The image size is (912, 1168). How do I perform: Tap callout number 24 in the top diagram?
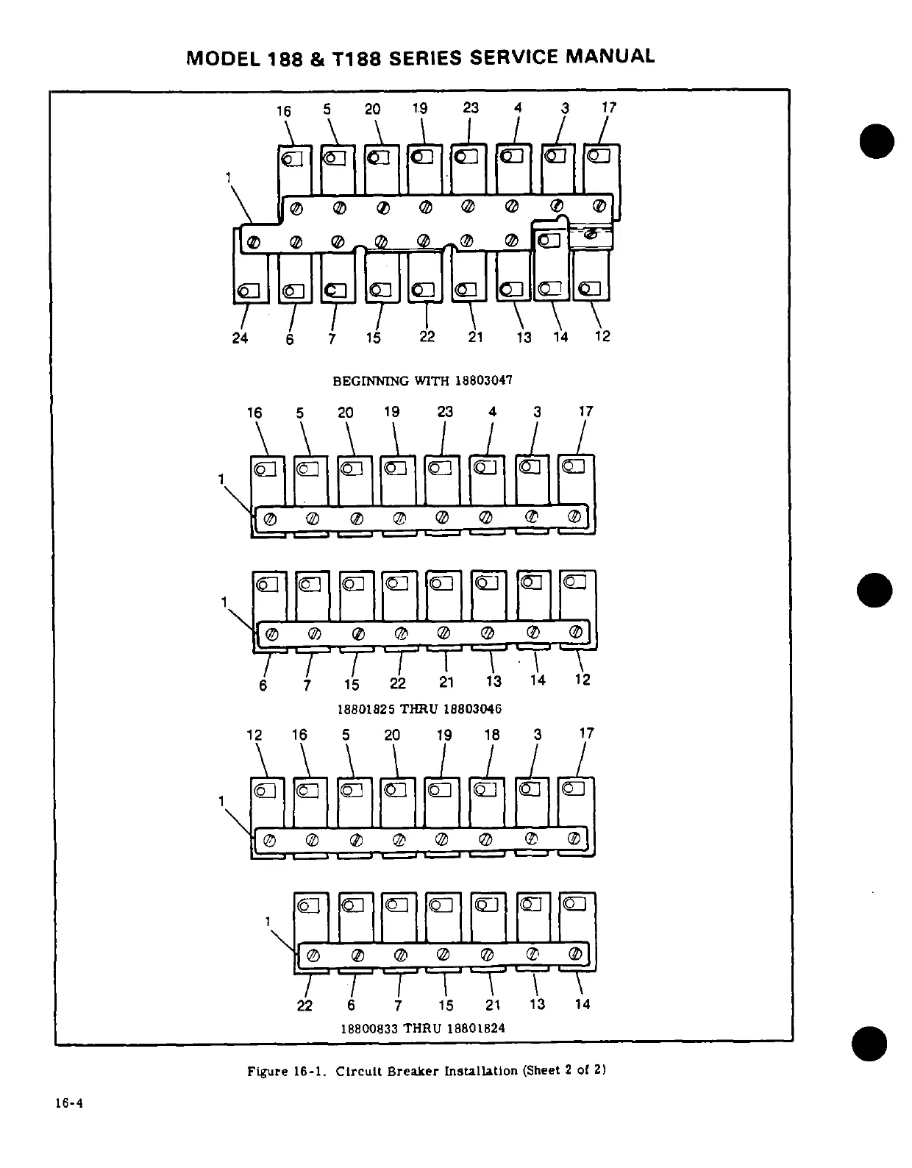(x=240, y=338)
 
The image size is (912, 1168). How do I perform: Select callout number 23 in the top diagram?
(x=471, y=108)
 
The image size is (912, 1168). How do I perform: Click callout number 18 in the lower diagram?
(x=491, y=735)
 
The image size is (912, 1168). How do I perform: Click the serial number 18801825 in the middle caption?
(x=366, y=709)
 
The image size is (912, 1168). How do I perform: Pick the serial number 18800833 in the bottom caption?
(x=368, y=1028)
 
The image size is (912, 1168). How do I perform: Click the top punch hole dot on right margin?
(x=875, y=141)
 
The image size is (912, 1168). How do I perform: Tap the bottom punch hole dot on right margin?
(x=869, y=1043)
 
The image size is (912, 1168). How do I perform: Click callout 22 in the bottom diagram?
(x=304, y=1005)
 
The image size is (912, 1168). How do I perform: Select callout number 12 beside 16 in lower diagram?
(x=254, y=736)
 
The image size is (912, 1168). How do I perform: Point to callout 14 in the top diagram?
(x=560, y=337)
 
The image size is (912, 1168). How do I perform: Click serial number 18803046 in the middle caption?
(x=472, y=709)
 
